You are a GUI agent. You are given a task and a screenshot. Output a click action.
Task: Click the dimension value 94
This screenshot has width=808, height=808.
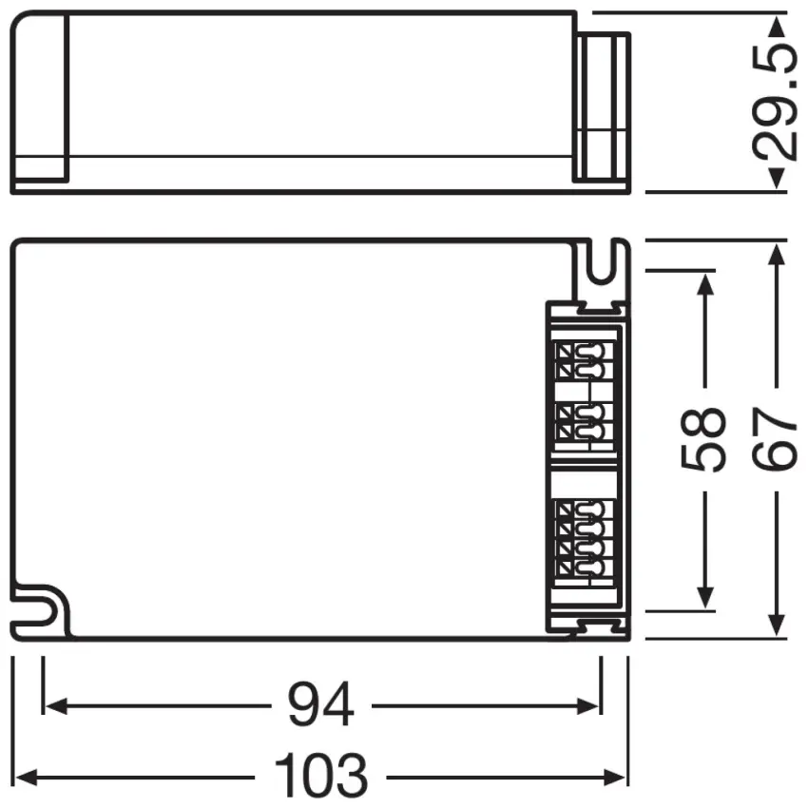coord(320,705)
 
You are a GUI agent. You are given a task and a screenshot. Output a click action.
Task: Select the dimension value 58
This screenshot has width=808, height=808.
coord(704,439)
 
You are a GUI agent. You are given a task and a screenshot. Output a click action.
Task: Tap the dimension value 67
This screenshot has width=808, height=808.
coord(777,439)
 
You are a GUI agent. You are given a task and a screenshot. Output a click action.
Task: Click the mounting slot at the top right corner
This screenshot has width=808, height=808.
coord(601,267)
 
